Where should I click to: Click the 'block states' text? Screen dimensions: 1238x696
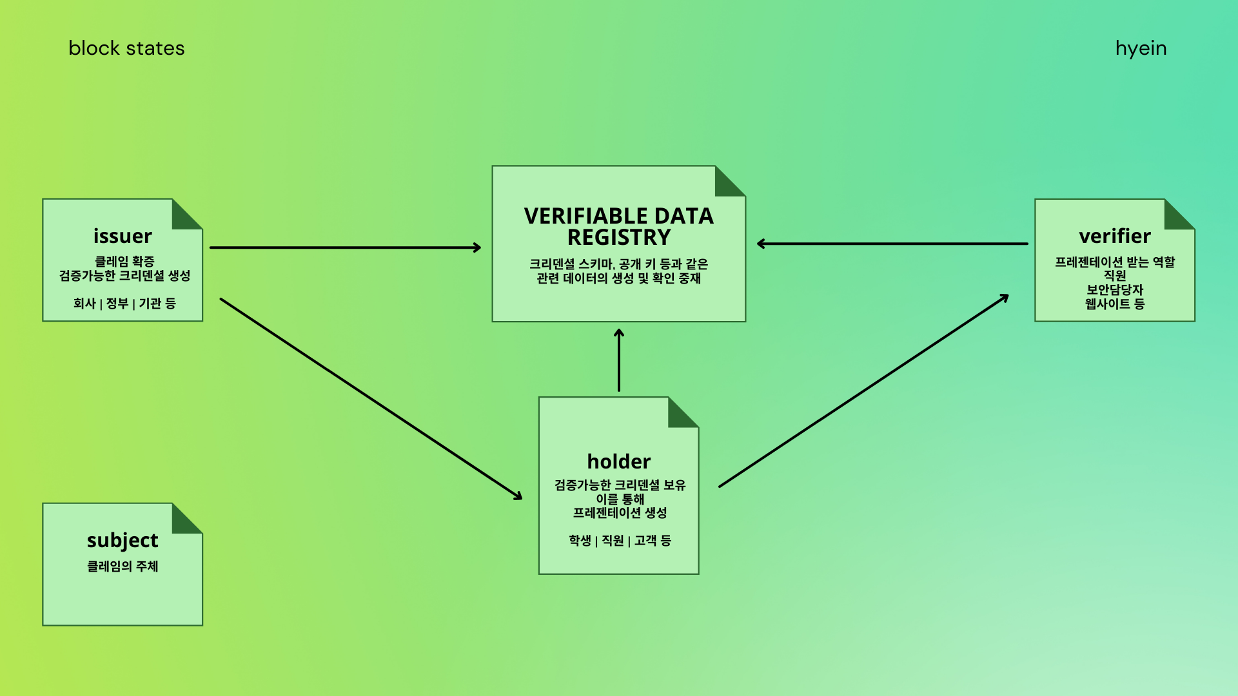(x=126, y=48)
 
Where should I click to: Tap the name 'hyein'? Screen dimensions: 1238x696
(x=1141, y=49)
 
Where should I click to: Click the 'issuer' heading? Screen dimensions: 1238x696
(x=123, y=236)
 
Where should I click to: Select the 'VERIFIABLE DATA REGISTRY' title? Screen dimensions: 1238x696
(x=619, y=226)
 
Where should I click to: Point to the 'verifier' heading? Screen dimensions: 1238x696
(x=1115, y=236)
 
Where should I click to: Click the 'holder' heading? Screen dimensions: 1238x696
(x=619, y=461)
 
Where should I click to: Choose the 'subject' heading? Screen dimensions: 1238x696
(x=123, y=540)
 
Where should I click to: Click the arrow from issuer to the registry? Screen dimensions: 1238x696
(x=345, y=247)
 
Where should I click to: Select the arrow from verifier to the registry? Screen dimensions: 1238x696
(x=893, y=244)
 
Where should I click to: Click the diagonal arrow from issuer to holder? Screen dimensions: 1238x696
(x=371, y=398)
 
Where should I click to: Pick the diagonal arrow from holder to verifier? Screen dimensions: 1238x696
(x=864, y=391)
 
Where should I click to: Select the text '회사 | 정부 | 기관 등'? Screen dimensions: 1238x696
(x=124, y=304)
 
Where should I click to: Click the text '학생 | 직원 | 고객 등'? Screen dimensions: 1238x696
(x=620, y=541)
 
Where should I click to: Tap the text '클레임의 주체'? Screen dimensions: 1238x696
(x=123, y=566)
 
